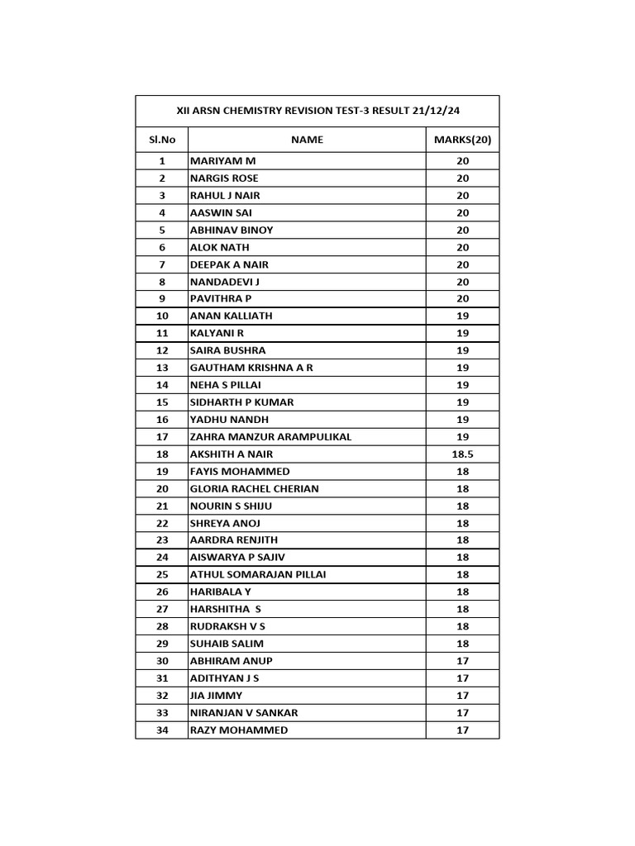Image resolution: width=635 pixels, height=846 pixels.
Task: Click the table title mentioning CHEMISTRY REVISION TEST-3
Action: coord(317,111)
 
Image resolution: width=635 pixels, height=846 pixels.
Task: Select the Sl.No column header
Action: coord(162,140)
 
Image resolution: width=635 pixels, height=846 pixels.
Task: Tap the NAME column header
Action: coord(307,140)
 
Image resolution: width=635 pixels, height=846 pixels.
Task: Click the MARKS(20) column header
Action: coord(462,140)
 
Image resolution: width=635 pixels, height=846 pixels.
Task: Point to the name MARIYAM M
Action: coord(223,161)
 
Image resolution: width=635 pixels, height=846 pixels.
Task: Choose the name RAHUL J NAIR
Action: coord(225,196)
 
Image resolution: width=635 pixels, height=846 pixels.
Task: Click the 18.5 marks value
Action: coord(462,454)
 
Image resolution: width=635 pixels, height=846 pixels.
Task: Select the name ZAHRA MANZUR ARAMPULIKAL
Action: coord(270,437)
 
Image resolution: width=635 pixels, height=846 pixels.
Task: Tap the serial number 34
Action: coord(162,730)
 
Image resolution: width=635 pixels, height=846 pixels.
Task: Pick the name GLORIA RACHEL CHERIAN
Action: coord(254,488)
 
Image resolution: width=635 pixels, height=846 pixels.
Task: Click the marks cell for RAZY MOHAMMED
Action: coord(462,730)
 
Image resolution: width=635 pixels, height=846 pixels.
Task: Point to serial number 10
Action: coord(162,316)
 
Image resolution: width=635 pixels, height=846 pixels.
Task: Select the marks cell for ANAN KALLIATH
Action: coord(462,316)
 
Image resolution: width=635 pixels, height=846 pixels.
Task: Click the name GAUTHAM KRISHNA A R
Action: coord(251,368)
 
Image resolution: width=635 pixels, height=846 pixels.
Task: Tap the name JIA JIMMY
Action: coord(217,696)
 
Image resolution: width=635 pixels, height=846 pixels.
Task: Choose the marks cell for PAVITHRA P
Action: coord(462,299)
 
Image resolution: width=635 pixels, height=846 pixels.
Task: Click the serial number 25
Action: coord(162,575)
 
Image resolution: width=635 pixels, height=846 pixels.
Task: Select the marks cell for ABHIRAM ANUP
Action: coord(462,661)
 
